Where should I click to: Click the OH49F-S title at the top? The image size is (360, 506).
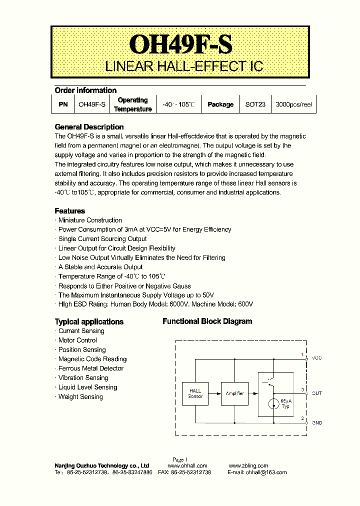[x=180, y=44]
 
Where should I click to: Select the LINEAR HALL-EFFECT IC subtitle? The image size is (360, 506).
[x=183, y=67]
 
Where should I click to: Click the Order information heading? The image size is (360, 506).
[x=85, y=90]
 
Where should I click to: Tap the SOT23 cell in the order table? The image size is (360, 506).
[x=255, y=104]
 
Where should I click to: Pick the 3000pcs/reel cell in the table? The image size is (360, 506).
[x=294, y=104]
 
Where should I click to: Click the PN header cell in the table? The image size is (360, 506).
[x=62, y=104]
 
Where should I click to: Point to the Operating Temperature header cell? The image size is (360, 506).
[x=132, y=104]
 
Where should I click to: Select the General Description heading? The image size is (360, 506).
[x=89, y=127]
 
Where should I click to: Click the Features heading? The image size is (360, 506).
[x=69, y=211]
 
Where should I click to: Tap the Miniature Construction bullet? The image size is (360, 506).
[x=90, y=220]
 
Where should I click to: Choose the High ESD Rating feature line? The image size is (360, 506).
[x=155, y=304]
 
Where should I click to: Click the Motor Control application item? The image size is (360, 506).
[x=77, y=340]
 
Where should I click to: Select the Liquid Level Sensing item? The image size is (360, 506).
[x=87, y=387]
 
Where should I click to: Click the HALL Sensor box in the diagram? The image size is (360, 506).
[x=195, y=393]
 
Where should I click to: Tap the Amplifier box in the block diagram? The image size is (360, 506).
[x=234, y=393]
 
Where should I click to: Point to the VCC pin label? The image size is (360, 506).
[x=317, y=358]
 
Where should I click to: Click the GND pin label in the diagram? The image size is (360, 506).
[x=317, y=422]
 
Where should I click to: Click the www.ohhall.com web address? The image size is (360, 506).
[x=184, y=465]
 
